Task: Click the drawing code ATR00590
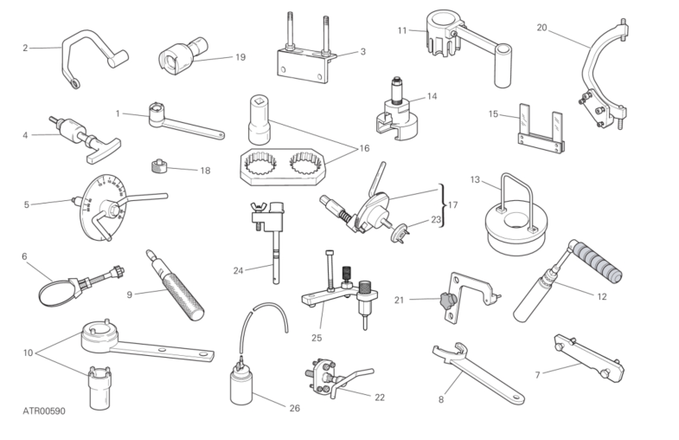[44, 411]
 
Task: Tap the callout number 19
[240, 57]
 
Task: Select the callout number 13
[475, 179]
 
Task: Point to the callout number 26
[294, 408]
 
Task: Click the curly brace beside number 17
[442, 205]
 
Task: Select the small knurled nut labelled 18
[159, 166]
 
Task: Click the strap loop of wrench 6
[54, 294]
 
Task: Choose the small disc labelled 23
[400, 232]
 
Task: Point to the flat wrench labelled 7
[589, 358]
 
